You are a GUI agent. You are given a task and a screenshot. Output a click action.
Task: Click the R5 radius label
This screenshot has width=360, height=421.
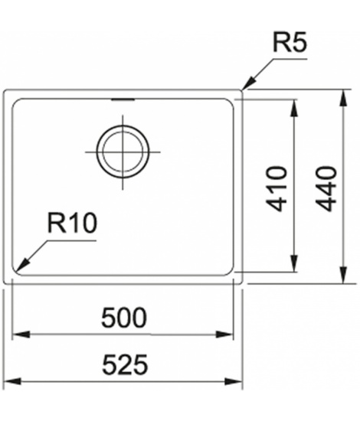(290, 43)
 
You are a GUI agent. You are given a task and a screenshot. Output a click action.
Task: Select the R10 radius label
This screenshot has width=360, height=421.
(72, 223)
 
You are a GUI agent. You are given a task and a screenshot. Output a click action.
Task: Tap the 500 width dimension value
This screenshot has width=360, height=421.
(124, 318)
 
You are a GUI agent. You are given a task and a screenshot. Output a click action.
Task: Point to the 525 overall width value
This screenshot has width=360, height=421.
(125, 364)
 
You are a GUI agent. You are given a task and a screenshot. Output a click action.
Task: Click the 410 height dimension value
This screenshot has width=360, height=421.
(276, 189)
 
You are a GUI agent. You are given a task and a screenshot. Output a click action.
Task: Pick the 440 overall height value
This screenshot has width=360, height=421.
(326, 189)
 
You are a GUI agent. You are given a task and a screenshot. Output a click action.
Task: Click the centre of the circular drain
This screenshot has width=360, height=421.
(123, 152)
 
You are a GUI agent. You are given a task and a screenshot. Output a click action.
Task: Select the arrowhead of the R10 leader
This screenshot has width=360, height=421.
(22, 265)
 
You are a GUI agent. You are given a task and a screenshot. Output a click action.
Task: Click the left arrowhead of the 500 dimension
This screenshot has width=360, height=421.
(21, 335)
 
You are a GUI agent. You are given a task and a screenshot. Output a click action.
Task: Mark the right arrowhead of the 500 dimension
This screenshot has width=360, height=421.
(224, 335)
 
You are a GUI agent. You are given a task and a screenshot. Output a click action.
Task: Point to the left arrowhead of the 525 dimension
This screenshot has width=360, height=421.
(12, 381)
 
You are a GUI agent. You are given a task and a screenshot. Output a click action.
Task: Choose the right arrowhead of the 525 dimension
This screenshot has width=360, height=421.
(234, 381)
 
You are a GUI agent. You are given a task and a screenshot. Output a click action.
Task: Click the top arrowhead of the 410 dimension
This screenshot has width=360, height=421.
(294, 108)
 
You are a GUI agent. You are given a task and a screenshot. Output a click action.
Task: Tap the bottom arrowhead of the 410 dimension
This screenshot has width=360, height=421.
(294, 263)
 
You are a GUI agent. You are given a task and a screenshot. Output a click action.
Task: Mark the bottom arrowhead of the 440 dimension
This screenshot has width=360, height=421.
(344, 275)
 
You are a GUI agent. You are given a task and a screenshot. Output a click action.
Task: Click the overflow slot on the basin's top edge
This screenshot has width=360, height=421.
(123, 100)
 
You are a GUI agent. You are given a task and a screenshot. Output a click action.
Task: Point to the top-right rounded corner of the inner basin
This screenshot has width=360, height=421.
(231, 102)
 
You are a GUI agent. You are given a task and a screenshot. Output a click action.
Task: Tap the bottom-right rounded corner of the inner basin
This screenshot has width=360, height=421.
(231, 272)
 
